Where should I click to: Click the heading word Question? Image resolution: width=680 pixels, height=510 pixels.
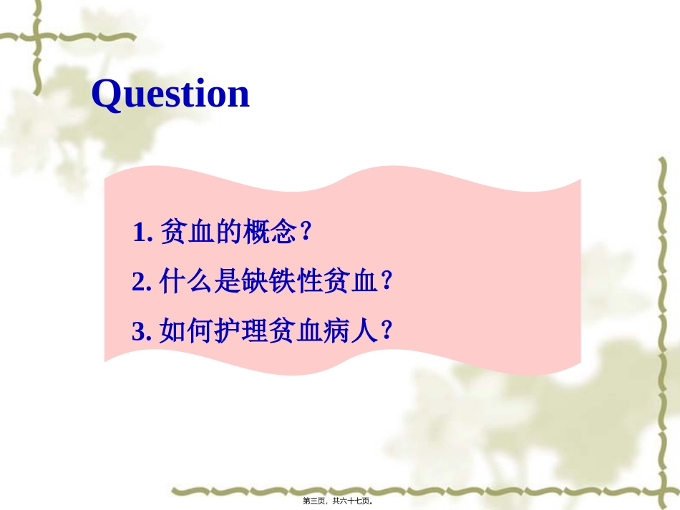click(x=170, y=94)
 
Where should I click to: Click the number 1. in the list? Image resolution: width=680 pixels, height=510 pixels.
click(x=142, y=232)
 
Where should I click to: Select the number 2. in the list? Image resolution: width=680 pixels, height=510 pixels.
click(x=142, y=283)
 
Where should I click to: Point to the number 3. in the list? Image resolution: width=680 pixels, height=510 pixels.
click(x=142, y=331)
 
